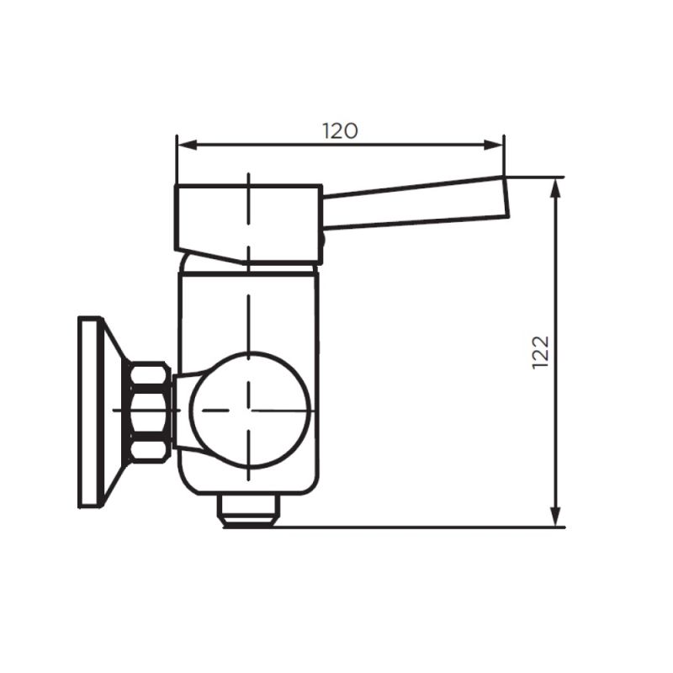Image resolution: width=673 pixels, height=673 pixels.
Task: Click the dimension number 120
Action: (340, 130)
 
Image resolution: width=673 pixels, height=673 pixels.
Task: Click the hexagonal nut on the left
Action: (150, 411)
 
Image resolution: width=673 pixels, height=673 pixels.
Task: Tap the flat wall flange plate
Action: (88, 411)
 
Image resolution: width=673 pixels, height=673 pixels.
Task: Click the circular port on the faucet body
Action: (249, 410)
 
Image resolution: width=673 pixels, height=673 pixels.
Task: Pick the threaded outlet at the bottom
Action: (248, 509)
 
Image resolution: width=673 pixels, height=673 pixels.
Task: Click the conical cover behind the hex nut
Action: (116, 411)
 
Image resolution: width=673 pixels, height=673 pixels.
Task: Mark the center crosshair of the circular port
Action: (249, 411)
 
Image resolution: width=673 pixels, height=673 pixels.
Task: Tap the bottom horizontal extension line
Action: (421, 527)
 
